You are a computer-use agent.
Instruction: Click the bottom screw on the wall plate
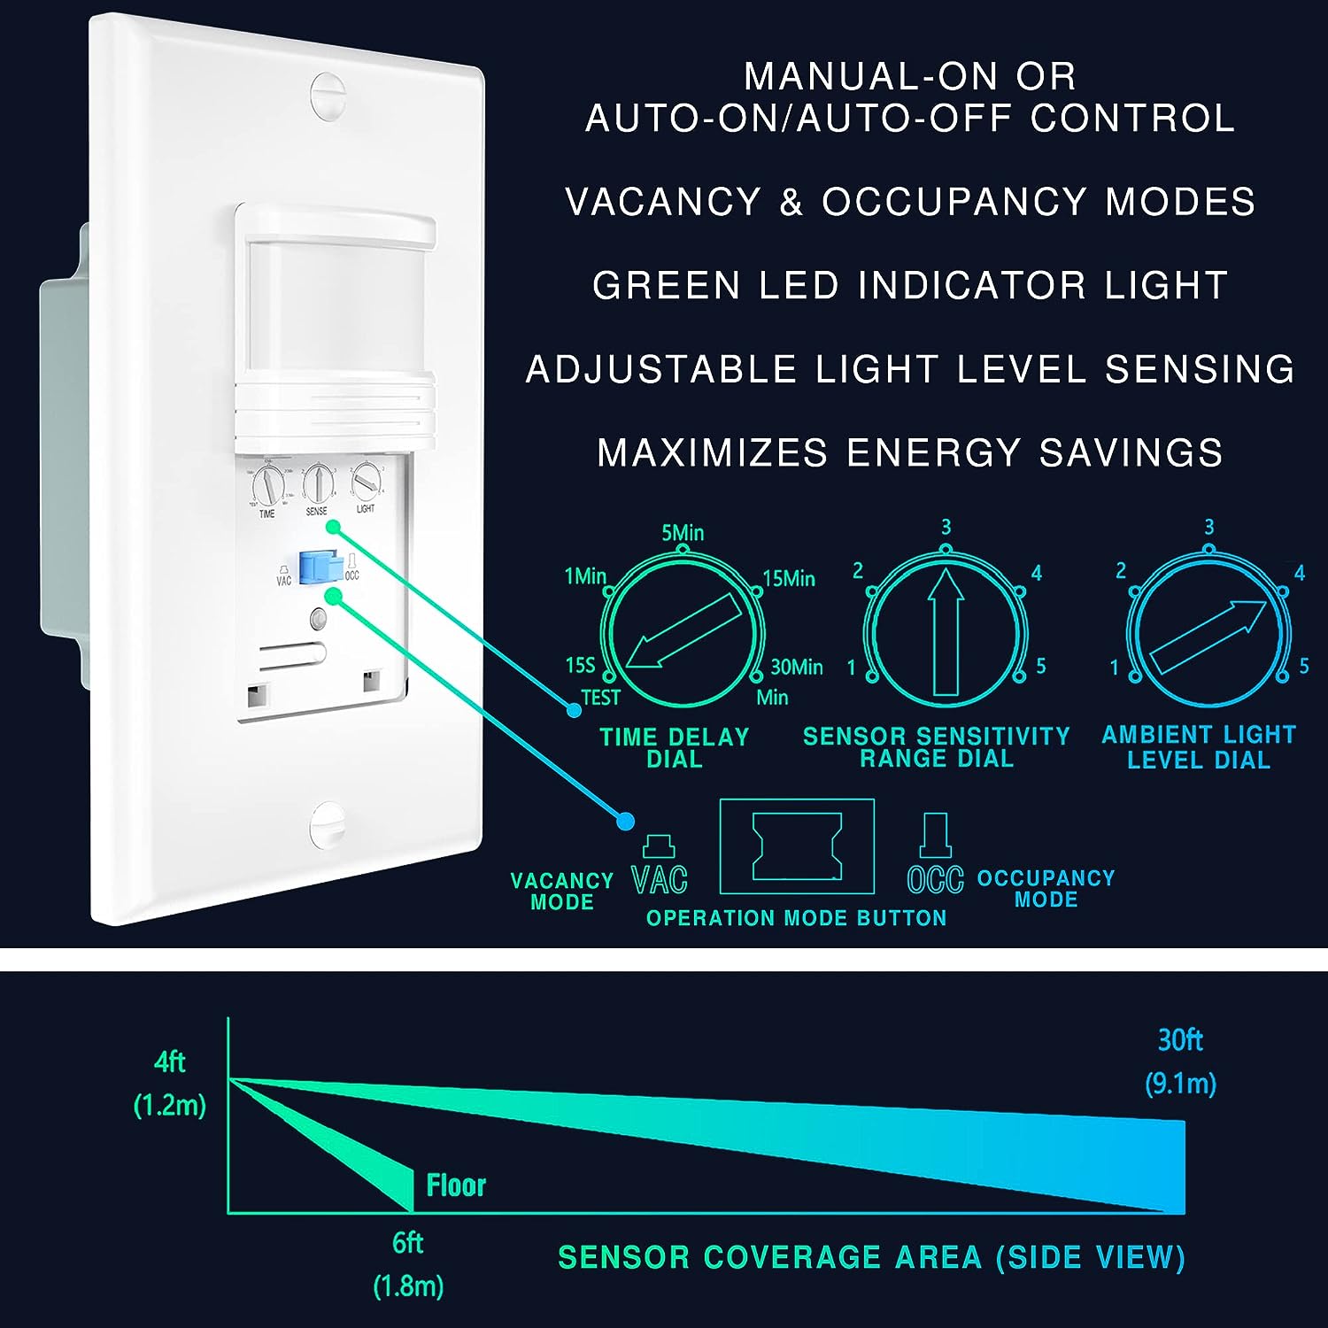point(328,824)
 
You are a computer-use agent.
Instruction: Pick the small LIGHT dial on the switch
point(365,481)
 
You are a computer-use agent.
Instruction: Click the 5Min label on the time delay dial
point(683,533)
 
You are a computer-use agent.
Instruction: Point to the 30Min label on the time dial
point(797,667)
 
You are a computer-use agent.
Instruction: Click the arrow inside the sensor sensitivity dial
point(946,631)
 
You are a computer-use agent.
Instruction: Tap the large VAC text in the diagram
point(660,879)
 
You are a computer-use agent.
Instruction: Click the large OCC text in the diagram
point(936,879)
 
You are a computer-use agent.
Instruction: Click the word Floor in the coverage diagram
point(456,1185)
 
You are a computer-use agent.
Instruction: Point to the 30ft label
point(1180,1039)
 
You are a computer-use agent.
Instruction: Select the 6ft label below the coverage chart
point(407,1243)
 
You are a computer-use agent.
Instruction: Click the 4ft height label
point(169,1061)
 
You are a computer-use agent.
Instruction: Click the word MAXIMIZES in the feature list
point(712,452)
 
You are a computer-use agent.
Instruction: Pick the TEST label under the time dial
point(600,698)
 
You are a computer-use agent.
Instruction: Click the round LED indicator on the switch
point(319,618)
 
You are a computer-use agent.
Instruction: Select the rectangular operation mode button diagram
point(797,847)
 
